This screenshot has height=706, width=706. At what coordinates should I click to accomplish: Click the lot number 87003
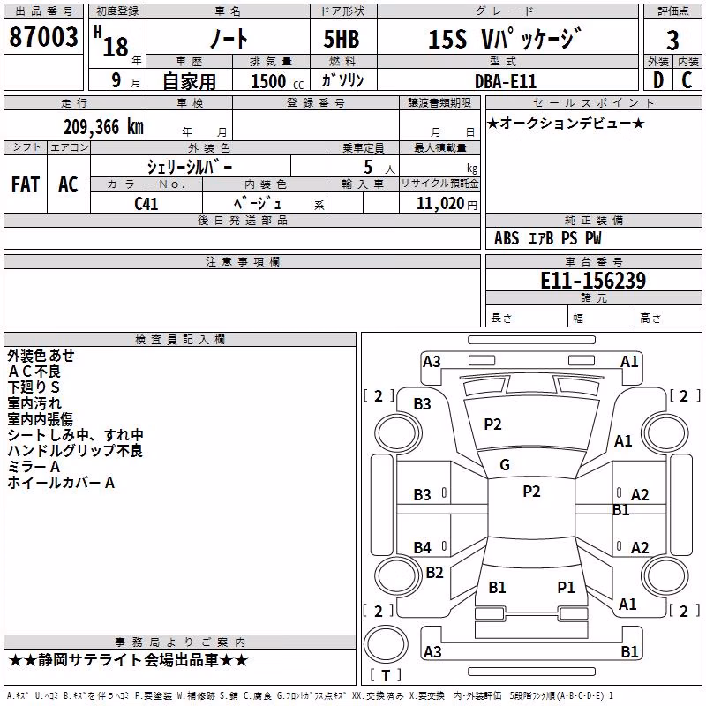(x=43, y=37)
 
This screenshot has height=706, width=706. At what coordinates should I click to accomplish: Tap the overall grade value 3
(x=672, y=41)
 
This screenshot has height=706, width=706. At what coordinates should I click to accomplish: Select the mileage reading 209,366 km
(x=103, y=127)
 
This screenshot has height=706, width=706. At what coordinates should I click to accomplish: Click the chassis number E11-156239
(x=593, y=281)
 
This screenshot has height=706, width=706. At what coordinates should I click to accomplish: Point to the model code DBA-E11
(x=506, y=81)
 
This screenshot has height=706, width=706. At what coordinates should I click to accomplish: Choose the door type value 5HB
(x=342, y=39)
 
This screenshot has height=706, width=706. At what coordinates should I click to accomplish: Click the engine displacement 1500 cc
(x=277, y=81)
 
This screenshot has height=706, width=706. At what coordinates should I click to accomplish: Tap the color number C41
(x=146, y=204)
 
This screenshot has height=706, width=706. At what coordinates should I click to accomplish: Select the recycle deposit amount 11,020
(x=440, y=204)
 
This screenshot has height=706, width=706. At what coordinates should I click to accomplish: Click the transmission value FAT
(x=26, y=184)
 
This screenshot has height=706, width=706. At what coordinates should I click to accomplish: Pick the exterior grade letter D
(x=658, y=80)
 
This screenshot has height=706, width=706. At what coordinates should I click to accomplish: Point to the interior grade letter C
(x=687, y=80)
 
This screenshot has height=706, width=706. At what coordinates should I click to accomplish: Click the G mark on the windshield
(x=505, y=465)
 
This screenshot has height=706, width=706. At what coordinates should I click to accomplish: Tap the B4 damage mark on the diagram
(x=423, y=547)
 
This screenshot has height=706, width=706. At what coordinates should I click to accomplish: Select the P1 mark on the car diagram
(x=566, y=587)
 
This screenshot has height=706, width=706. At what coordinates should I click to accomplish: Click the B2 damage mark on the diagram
(x=434, y=572)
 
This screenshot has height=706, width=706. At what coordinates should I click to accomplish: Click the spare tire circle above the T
(x=386, y=644)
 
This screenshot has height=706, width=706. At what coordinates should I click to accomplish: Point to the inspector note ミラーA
(x=34, y=467)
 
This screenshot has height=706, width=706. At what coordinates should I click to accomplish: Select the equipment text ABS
(x=507, y=238)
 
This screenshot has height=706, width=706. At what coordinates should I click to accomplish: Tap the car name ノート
(x=229, y=38)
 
